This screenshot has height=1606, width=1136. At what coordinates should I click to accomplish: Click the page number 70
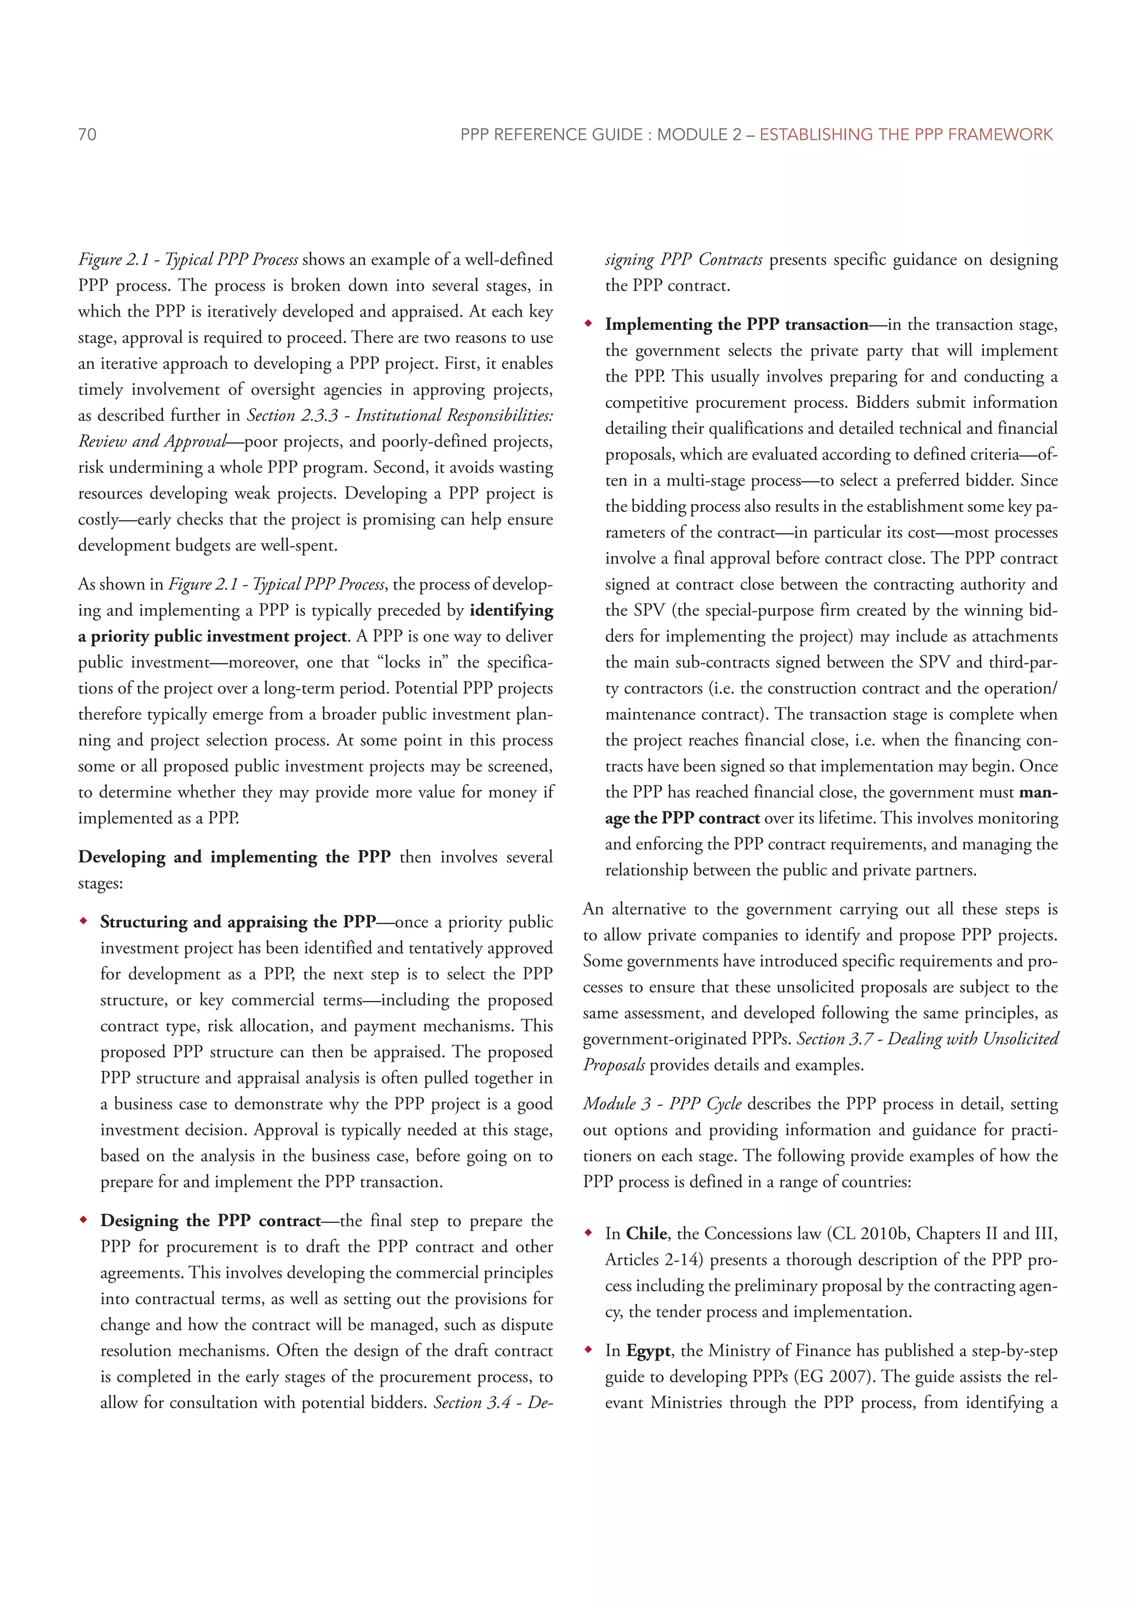(88, 134)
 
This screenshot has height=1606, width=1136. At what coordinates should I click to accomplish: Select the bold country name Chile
(646, 1234)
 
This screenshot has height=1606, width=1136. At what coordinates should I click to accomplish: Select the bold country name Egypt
(648, 1351)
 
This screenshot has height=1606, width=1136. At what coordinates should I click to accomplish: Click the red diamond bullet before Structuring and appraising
(84, 922)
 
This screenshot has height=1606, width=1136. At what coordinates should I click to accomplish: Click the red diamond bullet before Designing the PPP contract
(84, 1221)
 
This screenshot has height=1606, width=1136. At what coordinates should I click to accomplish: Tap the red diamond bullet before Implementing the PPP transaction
(589, 324)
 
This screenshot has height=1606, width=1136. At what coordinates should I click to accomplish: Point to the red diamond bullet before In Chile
(589, 1234)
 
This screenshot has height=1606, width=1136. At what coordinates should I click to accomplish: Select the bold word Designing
(139, 1221)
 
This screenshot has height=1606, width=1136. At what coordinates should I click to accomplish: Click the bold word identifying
(511, 610)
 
